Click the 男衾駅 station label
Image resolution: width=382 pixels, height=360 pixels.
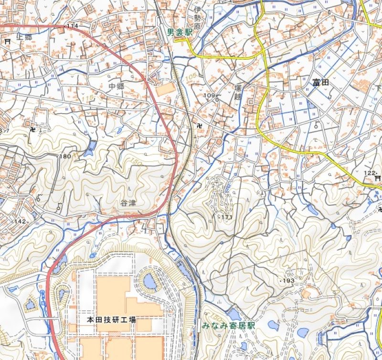tap(180, 33)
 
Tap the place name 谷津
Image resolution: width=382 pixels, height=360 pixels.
tap(129, 203)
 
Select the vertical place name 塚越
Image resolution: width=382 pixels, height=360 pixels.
tap(238, 93)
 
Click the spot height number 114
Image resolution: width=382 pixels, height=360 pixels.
tap(73, 25)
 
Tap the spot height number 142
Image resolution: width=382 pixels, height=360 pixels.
tap(20, 221)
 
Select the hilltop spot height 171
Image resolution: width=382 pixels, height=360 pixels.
tap(226, 217)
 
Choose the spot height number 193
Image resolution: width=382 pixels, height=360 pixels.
tap(289, 280)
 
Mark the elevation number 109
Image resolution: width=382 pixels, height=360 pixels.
tap(209, 95)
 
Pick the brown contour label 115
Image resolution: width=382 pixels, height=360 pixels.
tap(87, 98)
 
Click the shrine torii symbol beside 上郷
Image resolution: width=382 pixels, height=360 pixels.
tap(8, 42)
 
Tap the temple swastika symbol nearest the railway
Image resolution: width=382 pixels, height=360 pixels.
tap(199, 126)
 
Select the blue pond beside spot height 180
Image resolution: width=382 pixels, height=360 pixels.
tap(89, 151)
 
